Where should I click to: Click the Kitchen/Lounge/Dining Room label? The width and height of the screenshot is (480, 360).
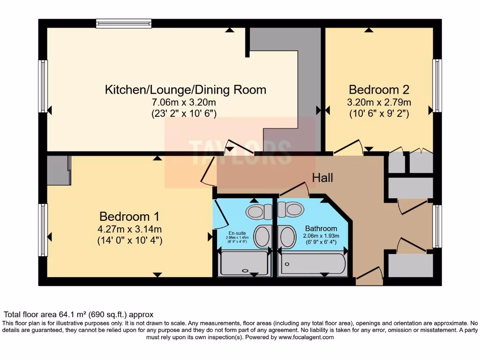[185, 90]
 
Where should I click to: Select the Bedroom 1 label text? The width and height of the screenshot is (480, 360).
[129, 217]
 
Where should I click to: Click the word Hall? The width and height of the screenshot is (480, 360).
[323, 178]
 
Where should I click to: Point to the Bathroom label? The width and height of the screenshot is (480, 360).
[321, 229]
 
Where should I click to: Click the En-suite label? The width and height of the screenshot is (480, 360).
[236, 233]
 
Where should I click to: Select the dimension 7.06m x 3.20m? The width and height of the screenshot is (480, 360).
[183, 102]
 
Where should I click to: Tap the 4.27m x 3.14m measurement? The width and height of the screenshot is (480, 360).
[130, 229]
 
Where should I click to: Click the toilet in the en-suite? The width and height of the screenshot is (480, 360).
[258, 211]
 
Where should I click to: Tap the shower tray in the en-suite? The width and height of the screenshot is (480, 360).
[244, 263]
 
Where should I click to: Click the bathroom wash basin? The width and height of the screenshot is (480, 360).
[287, 236]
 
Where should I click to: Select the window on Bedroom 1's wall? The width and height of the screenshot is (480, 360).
[43, 230]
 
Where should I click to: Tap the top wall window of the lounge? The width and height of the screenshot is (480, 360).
[124, 23]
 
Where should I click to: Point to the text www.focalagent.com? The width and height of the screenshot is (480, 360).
[306, 337]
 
